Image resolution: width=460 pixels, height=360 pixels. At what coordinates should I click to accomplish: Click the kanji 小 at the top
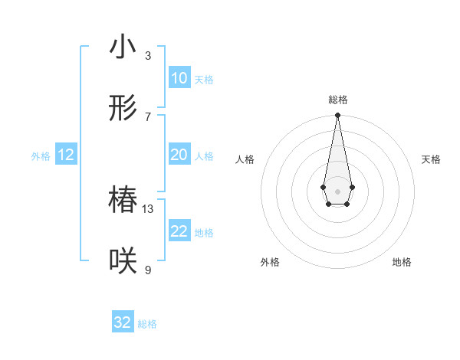tap(123, 47)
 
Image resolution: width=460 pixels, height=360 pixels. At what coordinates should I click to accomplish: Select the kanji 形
tap(123, 109)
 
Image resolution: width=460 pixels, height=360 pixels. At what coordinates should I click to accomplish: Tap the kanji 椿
tap(123, 201)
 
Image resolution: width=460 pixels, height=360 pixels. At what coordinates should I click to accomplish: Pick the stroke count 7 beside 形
tap(147, 116)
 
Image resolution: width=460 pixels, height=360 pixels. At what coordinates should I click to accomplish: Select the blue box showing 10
tap(179, 78)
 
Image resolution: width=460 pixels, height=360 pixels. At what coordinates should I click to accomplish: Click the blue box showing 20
tap(179, 155)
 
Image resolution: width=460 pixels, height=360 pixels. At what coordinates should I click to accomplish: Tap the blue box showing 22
tap(179, 231)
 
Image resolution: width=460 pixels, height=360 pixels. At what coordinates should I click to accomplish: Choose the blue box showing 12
tap(66, 155)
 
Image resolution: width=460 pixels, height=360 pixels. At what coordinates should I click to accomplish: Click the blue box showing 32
tap(123, 322)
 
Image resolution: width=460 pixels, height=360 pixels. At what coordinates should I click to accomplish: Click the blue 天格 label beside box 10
tap(203, 79)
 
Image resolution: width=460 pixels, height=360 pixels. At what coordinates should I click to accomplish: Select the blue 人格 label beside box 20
tap(203, 155)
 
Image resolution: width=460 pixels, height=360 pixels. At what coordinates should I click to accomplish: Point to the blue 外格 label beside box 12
tap(41, 155)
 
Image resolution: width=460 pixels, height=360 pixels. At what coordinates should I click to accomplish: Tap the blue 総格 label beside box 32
tap(147, 323)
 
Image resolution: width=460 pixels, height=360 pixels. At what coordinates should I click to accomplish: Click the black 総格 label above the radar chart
tap(337, 100)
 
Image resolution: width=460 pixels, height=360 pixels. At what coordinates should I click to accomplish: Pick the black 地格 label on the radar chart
tap(402, 262)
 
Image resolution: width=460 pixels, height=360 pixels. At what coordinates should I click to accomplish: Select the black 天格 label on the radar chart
tap(431, 159)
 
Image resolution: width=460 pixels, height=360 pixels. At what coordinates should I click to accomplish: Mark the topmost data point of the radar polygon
tap(337, 116)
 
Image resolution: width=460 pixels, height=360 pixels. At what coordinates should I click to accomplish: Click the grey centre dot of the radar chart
tap(337, 190)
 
